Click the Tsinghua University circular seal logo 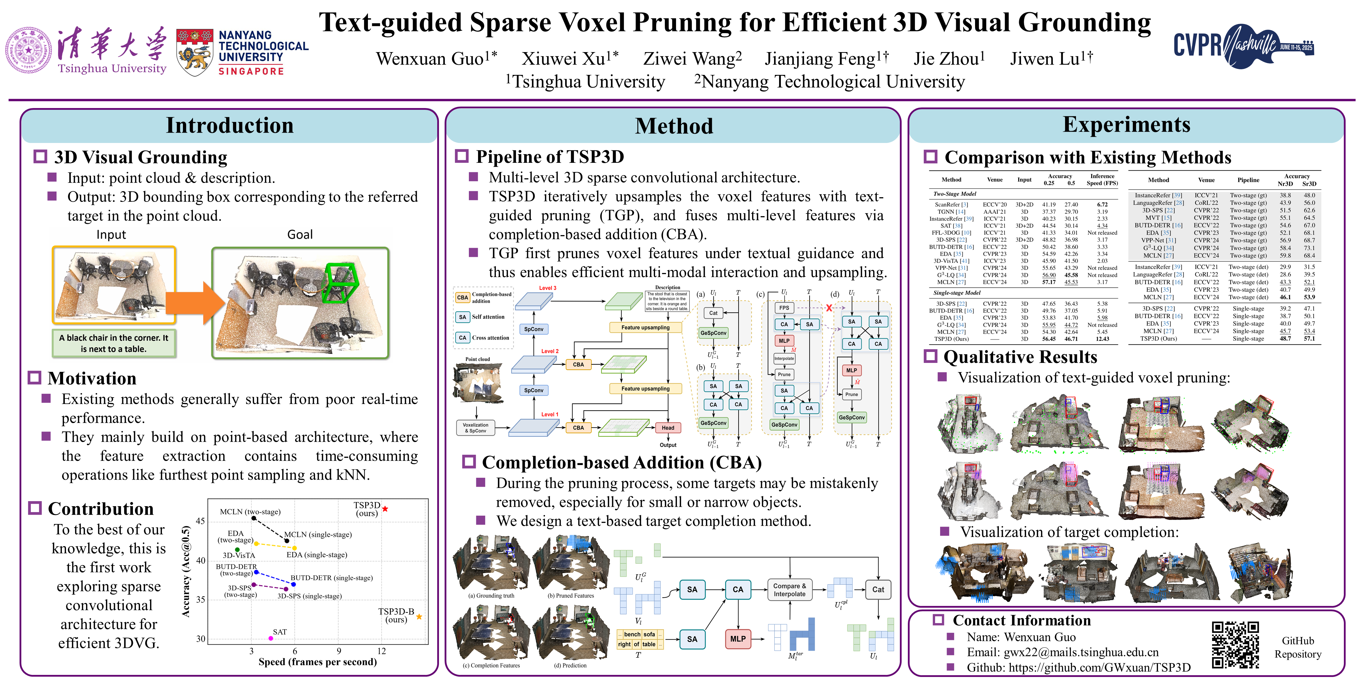29,50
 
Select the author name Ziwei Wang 692,58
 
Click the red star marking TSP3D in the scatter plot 385,509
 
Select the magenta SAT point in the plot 271,638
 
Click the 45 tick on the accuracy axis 200,521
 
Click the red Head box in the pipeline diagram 668,428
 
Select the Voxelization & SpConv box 475,428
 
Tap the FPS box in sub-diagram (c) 784,308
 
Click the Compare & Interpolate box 789,590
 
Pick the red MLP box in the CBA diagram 738,639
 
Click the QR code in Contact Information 1235,645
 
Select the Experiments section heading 1126,125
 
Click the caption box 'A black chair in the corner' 114,343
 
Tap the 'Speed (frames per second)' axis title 317,662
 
